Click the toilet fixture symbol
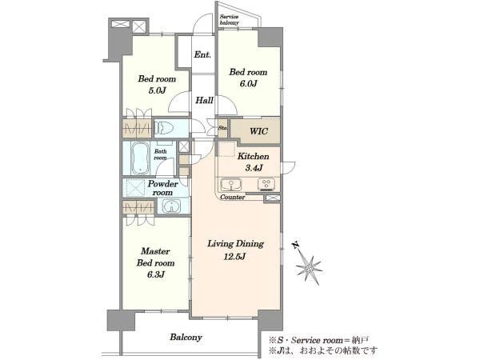tap(164, 128)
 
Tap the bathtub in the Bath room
tap(140, 158)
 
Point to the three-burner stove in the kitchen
tap(266, 185)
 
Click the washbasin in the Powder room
tap(171, 206)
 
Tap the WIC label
tap(258, 131)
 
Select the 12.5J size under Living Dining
tap(234, 257)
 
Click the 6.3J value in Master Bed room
tap(156, 274)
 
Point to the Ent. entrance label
tap(202, 54)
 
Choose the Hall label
tap(204, 100)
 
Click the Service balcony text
tap(230, 19)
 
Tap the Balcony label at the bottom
tap(186, 338)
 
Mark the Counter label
tap(233, 197)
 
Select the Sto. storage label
tap(223, 128)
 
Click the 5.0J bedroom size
tap(157, 90)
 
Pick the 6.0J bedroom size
tap(248, 83)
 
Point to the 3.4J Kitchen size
tap(254, 168)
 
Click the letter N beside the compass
tap(295, 245)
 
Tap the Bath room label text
tap(160, 154)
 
